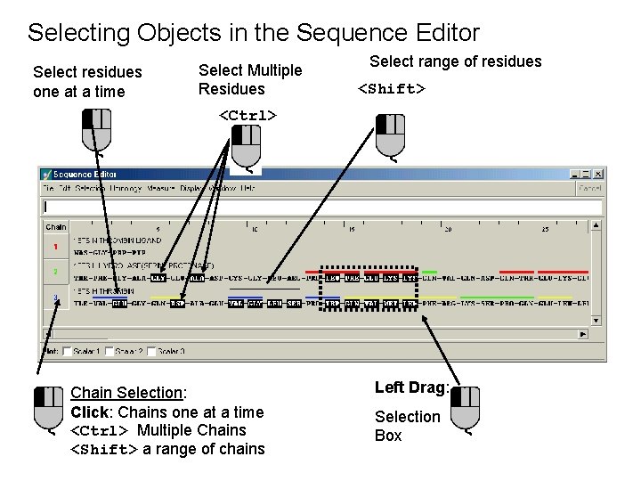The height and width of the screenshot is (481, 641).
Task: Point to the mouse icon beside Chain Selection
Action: point(49,409)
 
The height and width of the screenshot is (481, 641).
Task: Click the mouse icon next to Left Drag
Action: point(465,407)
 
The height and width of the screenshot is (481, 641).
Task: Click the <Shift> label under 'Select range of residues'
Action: point(392,89)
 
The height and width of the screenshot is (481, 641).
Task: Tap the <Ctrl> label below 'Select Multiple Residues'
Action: point(247,115)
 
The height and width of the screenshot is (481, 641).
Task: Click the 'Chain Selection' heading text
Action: point(127,393)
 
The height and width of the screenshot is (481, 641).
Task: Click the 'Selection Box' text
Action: point(407,426)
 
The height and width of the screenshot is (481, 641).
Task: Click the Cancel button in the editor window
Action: point(590,189)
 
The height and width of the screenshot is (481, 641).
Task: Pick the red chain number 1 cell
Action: point(55,246)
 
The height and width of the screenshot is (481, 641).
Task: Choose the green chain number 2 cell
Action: point(55,271)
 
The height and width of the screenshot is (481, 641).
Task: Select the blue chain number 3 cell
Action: point(55,297)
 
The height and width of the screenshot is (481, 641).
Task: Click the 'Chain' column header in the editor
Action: point(55,227)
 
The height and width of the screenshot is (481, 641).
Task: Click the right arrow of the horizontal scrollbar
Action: point(584,334)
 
